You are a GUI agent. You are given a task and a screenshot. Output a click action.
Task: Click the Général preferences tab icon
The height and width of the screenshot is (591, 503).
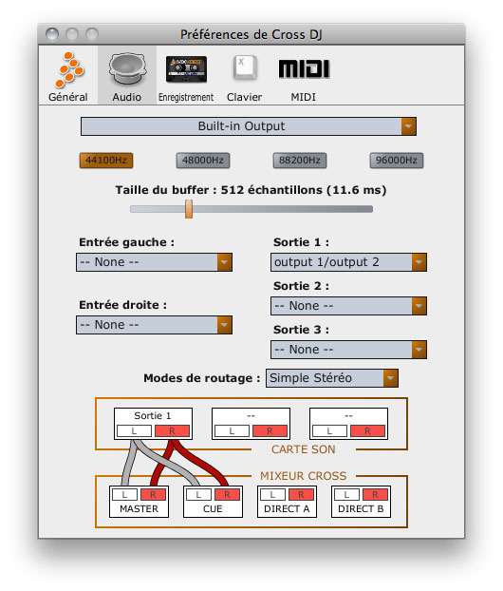coord(69,69)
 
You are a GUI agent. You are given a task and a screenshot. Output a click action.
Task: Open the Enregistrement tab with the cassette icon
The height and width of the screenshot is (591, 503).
coord(186,69)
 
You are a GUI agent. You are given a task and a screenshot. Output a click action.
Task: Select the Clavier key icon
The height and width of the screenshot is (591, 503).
coord(245,68)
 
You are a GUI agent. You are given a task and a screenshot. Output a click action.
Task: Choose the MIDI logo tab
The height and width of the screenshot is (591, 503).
coord(304,69)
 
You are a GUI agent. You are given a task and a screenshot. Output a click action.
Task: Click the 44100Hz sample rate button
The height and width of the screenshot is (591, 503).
coord(106,161)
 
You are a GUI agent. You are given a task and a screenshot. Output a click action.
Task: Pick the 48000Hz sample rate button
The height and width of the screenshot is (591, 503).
coord(203,161)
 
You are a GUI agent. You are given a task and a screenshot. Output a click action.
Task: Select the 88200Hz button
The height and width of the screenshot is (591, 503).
coord(300,161)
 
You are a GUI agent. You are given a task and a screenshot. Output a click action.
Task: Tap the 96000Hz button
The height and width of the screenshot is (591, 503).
coord(397,161)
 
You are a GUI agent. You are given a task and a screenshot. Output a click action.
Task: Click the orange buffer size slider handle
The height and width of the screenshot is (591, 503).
coord(189,209)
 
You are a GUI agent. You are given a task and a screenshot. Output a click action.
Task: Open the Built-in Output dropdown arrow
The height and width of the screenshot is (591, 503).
coord(408,126)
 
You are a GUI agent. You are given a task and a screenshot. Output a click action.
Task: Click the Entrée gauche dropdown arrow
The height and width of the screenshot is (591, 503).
coord(224,262)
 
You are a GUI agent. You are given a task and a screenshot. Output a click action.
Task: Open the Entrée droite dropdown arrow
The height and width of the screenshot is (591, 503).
coord(224,325)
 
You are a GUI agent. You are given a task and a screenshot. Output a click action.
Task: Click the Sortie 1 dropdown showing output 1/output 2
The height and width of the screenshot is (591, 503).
coord(348,262)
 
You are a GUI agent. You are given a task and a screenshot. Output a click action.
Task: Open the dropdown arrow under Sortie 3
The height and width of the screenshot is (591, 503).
coord(419,350)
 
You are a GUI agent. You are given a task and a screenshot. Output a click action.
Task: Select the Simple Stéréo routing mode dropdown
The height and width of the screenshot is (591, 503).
coord(332,378)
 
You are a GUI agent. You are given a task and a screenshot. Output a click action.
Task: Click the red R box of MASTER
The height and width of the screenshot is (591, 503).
coord(153,494)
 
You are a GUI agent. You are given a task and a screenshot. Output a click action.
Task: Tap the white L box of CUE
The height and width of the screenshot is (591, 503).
coord(198,494)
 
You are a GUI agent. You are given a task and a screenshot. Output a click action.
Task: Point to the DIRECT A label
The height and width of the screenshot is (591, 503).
coord(287,509)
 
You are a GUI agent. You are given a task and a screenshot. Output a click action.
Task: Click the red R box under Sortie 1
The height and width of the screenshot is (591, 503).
coord(172,430)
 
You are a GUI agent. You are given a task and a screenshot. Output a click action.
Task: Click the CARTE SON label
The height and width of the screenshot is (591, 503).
coord(304,449)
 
